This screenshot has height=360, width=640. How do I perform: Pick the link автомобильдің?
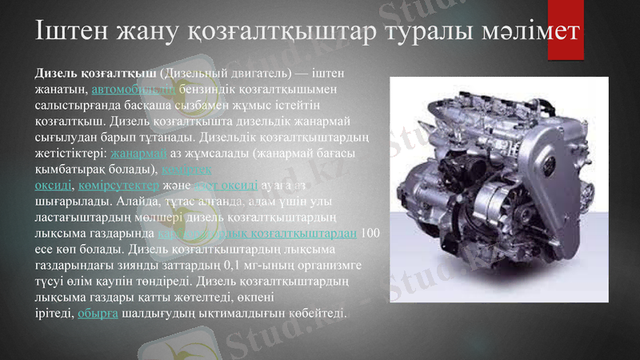point(134,89)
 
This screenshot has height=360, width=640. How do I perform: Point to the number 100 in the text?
point(370,234)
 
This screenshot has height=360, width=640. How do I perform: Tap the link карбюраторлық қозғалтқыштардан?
point(256,234)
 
